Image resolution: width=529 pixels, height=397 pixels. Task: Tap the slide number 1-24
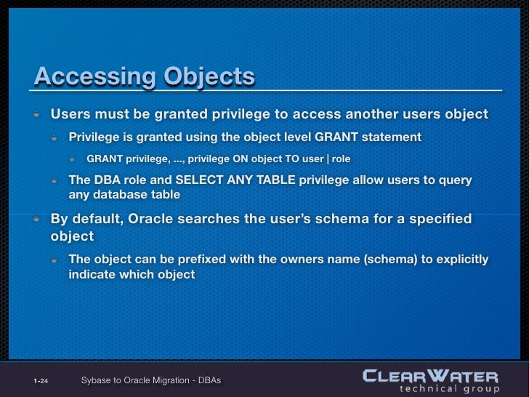pyautogui.click(x=41, y=381)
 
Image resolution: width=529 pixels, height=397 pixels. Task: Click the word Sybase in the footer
pyautogui.click(x=97, y=380)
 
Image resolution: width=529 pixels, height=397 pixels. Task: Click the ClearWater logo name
pyautogui.click(x=430, y=377)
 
